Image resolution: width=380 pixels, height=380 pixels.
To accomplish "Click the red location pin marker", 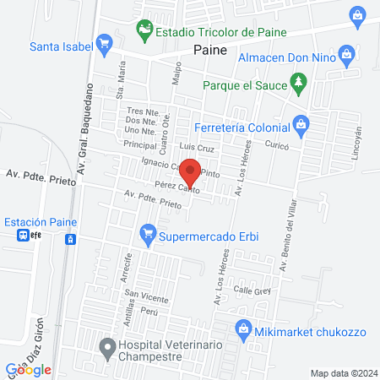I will (191, 171).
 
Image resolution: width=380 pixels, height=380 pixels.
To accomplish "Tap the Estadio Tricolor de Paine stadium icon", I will (146, 31).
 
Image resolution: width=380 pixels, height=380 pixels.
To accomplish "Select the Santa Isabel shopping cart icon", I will (105, 41).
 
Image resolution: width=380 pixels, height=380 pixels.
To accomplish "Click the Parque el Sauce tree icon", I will (297, 82).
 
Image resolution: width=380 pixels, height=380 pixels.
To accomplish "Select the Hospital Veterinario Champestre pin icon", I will (106, 346).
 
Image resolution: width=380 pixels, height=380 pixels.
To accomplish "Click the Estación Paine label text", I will (40, 222).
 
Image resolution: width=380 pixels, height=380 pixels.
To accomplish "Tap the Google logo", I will (30, 369).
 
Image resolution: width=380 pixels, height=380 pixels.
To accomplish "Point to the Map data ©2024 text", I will (342, 372).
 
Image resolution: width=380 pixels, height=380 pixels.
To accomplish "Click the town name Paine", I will (211, 52).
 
